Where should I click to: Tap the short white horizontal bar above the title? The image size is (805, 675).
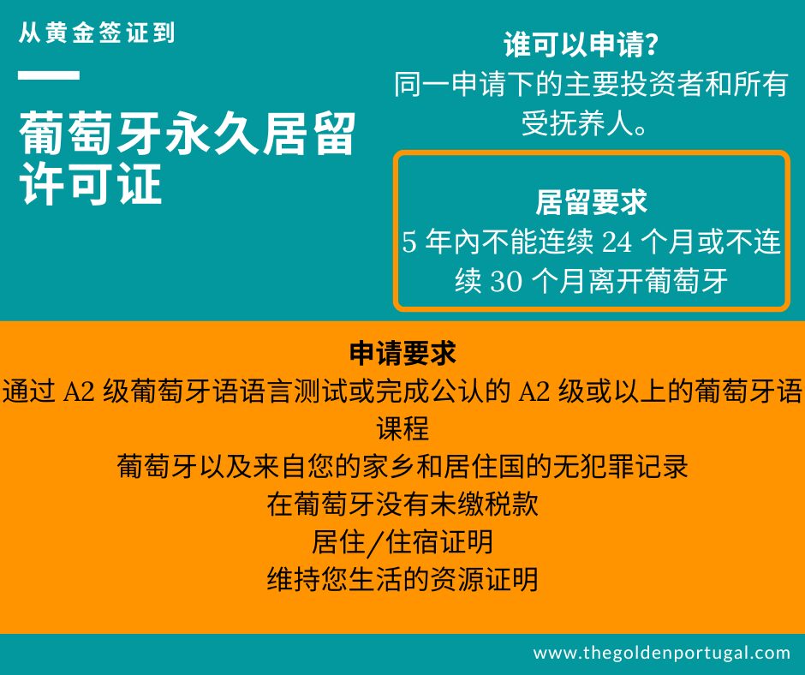pos(49,75)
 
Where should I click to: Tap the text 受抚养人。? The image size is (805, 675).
pos(584,123)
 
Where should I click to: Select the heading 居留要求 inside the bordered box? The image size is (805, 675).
pos(591,202)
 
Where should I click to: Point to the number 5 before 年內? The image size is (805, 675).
pos(409,243)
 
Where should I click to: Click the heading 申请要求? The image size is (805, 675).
pos(402,353)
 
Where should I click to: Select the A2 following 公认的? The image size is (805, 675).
pos(535,391)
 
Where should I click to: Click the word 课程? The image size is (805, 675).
pos(402,428)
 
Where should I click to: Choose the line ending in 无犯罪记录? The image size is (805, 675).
pos(402,467)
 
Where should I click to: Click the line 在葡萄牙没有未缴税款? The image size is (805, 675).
pos(402,505)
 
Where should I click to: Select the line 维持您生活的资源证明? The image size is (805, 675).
pos(402,580)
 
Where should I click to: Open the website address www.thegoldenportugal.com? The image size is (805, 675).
pos(661,653)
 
